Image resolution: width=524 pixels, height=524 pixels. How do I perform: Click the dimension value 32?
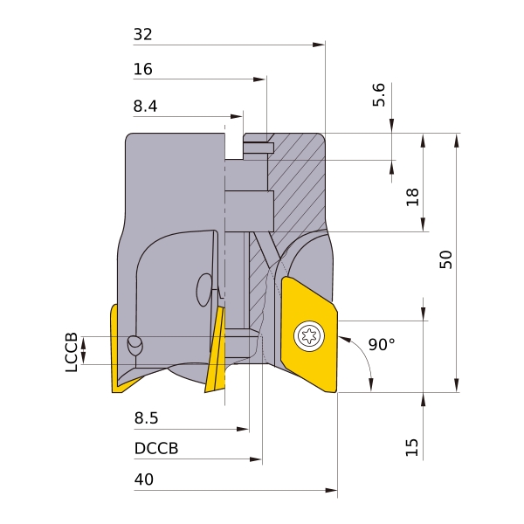tap(142, 35)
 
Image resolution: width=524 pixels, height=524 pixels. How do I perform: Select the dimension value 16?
tap(142, 69)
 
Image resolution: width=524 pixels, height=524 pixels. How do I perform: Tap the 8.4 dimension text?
tap(146, 107)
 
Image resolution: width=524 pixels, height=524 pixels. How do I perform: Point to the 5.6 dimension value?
tap(378, 95)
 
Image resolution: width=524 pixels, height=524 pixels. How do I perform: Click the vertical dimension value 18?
tap(413, 196)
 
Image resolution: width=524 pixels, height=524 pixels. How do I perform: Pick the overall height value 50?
tap(446, 259)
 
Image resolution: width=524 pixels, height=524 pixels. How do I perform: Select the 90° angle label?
tap(382, 345)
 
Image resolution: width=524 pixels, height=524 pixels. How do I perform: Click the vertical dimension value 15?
tap(413, 448)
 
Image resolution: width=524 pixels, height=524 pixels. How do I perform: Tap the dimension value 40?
tap(143, 479)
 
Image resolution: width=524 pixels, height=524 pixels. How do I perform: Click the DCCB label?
tap(156, 449)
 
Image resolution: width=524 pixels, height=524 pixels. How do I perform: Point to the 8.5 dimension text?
tap(146, 418)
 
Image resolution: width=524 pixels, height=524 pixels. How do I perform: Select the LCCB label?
tap(71, 352)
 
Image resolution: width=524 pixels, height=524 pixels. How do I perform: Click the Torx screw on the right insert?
tap(307, 334)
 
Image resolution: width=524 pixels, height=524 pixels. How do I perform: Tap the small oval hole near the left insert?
tap(135, 344)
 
